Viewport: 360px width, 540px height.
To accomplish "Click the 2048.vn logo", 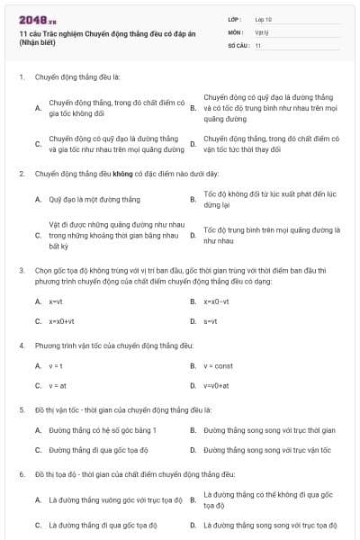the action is [31, 19].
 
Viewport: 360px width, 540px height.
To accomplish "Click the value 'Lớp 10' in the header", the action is [264, 18].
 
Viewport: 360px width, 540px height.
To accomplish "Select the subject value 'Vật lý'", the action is [262, 31].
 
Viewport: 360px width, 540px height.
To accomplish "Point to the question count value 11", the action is [258, 44].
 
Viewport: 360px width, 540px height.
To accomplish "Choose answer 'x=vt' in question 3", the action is [55, 301].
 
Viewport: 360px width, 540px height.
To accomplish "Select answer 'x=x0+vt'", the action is [61, 320].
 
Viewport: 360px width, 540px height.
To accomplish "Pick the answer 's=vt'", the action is [211, 320].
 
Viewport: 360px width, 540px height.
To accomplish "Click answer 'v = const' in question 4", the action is [218, 366].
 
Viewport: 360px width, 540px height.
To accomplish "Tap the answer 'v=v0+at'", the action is [217, 385].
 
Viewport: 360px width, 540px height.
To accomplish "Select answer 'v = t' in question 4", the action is [56, 366].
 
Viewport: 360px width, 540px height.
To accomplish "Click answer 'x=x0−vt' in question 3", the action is [217, 301].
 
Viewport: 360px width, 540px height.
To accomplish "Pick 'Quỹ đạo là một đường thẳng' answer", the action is [94, 199].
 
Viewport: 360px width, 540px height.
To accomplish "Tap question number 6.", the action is [21, 473].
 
